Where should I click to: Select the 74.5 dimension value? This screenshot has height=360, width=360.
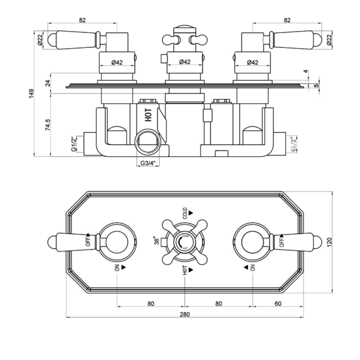[48, 125]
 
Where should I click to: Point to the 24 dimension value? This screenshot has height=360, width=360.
[48, 83]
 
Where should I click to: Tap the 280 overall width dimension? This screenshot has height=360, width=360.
[184, 314]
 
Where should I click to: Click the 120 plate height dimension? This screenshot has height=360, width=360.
[329, 242]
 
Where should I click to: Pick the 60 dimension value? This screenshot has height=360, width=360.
[278, 303]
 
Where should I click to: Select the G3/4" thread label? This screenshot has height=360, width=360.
[148, 163]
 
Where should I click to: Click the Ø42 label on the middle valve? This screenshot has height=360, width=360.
[184, 62]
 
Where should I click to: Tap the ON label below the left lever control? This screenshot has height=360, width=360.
[117, 268]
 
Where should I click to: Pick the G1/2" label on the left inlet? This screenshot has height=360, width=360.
[74, 144]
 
